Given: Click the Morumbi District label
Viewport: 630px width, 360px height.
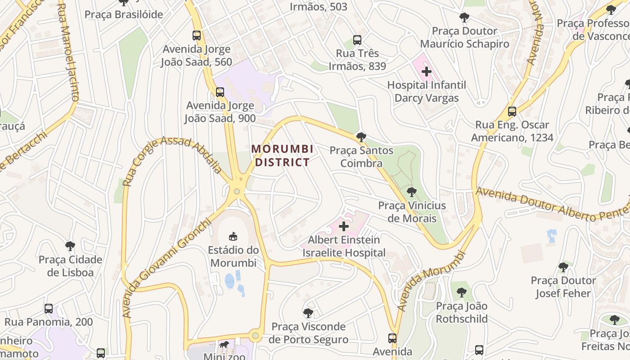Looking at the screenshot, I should coord(282,155).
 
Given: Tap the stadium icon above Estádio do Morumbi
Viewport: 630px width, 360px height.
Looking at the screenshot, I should coord(233,236).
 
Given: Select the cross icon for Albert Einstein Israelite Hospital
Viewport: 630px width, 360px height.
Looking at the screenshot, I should coord(344,226).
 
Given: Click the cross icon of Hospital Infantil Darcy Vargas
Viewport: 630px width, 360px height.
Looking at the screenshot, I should coord(427,71).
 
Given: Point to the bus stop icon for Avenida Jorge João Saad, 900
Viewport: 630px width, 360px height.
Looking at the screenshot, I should coord(220,92).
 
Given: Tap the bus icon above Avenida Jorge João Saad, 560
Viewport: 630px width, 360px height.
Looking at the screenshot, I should coord(197,36).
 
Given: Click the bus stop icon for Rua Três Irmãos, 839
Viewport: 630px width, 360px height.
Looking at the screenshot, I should coord(357,40).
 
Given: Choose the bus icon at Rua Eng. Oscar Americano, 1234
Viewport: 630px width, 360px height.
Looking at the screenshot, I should coord(512,112).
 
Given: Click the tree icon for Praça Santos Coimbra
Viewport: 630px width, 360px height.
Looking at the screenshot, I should coord(361,137).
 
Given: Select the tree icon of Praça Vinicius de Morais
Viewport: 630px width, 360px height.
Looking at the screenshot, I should coord(411,192).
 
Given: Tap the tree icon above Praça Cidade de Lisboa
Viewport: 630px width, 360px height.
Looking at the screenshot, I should coord(70,246).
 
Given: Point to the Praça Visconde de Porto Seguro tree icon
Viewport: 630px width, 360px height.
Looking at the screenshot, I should coord(308,313).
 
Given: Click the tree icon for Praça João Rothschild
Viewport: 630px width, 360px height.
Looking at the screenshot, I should coord(461,292).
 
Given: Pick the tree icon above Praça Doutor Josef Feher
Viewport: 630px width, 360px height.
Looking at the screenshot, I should coord(563,267).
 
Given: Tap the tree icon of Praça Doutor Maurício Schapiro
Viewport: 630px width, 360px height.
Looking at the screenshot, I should coord(464,18).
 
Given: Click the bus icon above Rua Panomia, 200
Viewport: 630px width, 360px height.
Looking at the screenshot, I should coord(49,309).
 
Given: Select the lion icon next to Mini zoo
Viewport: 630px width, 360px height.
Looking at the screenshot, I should coord(224,345).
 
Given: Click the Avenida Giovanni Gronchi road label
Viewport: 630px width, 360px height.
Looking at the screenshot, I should coord(166,268).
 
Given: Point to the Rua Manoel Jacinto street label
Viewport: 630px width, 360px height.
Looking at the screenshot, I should coord(69,52).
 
